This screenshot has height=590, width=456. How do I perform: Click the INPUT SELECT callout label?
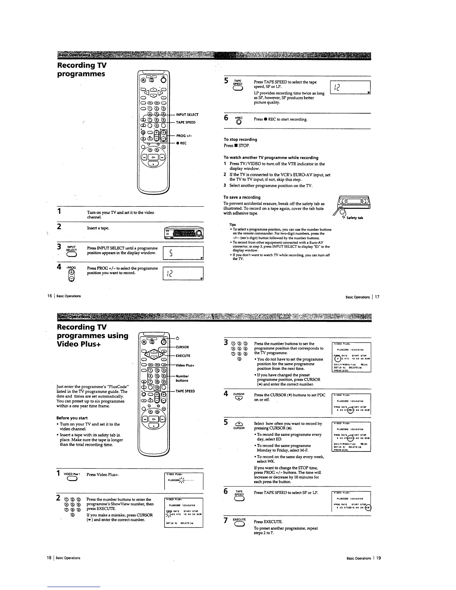187,114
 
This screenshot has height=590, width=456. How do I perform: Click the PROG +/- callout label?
184,136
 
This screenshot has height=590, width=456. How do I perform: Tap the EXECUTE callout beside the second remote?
183,356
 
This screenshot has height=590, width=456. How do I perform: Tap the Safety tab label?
355,218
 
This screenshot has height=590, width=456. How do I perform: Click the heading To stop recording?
240,139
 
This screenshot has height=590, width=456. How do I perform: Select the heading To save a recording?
242,197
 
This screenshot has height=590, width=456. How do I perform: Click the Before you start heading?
72,418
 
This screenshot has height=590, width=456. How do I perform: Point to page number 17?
377,297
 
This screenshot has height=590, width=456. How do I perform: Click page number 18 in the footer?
49,558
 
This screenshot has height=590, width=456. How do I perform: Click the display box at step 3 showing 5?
183,253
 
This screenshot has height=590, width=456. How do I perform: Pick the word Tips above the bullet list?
232,225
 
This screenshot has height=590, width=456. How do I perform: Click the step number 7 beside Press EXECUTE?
226,520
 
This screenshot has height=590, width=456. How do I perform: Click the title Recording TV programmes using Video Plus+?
92,335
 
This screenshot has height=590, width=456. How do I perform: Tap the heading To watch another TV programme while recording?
271,158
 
